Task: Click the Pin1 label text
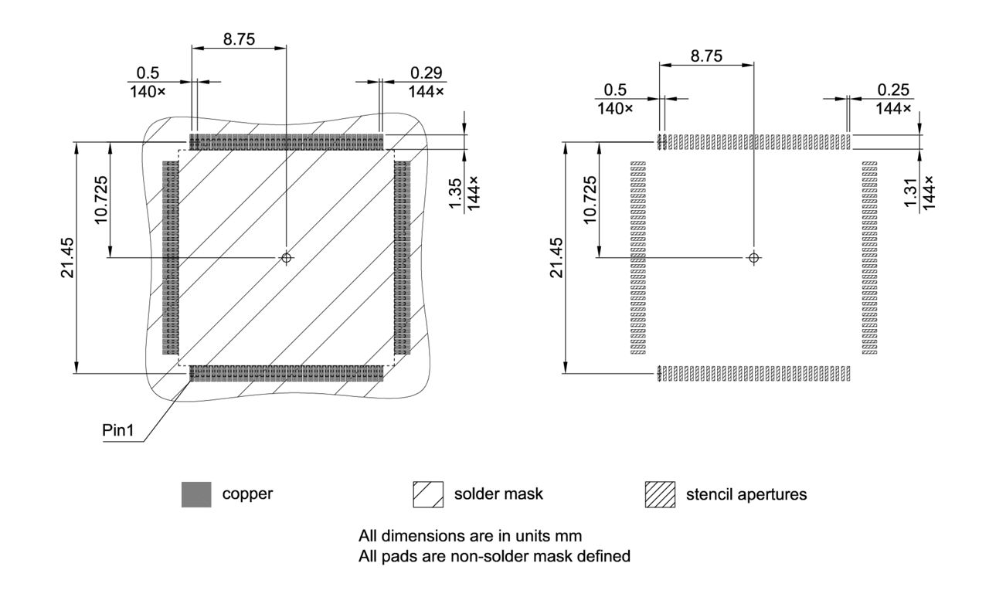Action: pyautogui.click(x=118, y=431)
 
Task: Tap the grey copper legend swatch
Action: pyautogui.click(x=195, y=494)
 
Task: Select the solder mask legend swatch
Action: pyautogui.click(x=429, y=494)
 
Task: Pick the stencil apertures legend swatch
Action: pyautogui.click(x=660, y=494)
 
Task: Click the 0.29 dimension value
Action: pyautogui.click(x=427, y=73)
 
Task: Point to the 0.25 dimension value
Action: pyautogui.click(x=892, y=90)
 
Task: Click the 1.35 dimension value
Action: pyautogui.click(x=456, y=193)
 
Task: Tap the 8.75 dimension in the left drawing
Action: pyautogui.click(x=239, y=39)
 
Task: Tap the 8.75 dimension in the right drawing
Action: pyautogui.click(x=706, y=56)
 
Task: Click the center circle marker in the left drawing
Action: pyautogui.click(x=287, y=257)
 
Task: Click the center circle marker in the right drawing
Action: pyautogui.click(x=754, y=257)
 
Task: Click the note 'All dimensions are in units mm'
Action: pyautogui.click(x=470, y=535)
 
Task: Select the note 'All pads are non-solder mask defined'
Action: pyautogui.click(x=494, y=555)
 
